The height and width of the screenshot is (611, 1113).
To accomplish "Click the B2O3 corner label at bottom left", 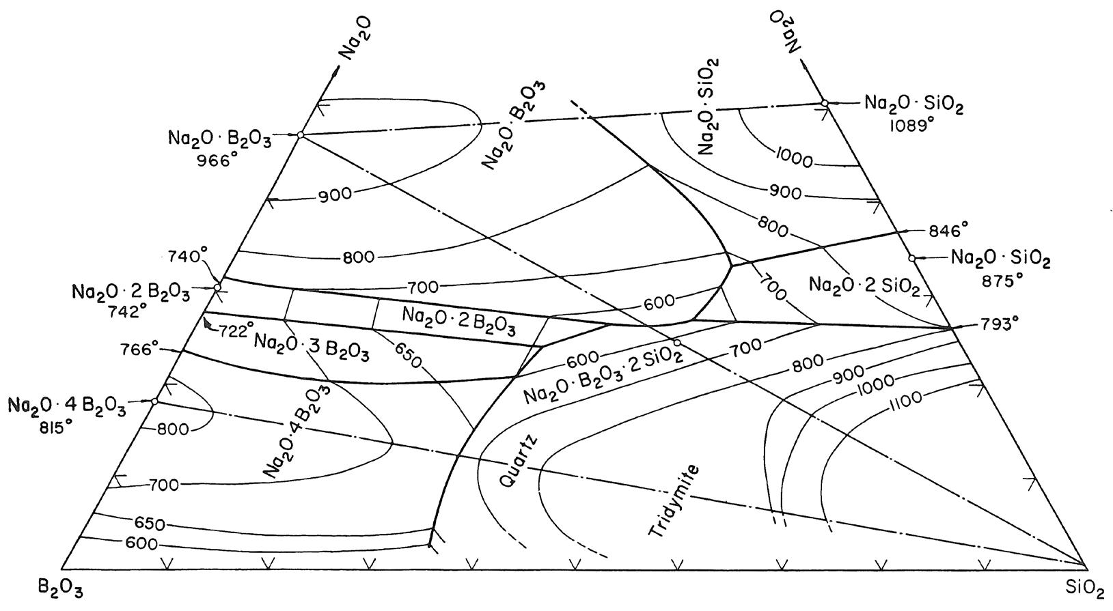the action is click(x=62, y=588).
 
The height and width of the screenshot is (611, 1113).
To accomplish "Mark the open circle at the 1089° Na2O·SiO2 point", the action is click(x=825, y=103).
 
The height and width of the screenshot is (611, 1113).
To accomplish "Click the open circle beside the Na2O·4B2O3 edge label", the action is click(x=154, y=401).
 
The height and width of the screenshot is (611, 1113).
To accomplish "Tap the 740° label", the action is click(x=188, y=257).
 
